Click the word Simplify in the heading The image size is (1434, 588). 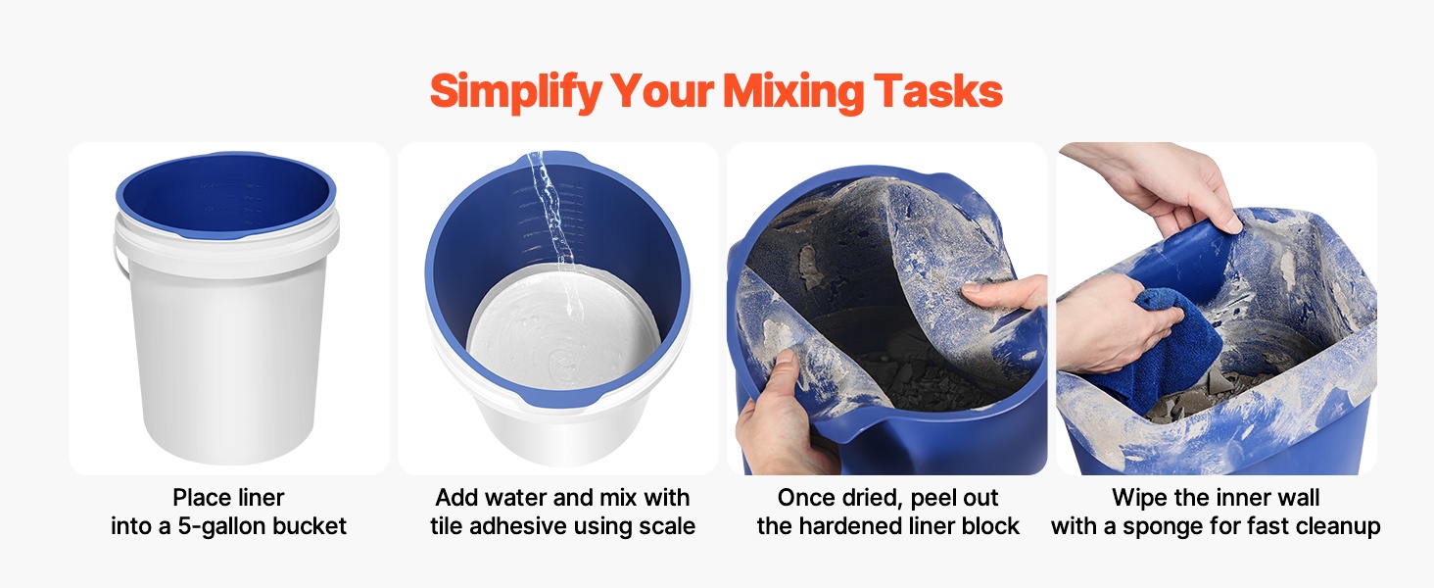(515, 92)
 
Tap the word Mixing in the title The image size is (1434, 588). (793, 92)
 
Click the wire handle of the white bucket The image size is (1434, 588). (119, 255)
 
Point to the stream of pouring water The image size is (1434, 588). (551, 229)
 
